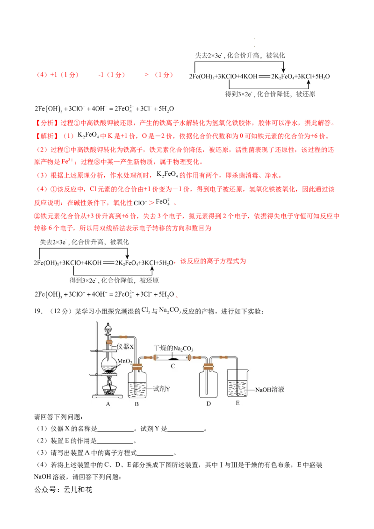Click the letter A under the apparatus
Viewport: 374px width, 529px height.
point(108,404)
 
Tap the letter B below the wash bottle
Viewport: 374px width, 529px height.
point(137,404)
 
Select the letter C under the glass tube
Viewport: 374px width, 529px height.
point(173,366)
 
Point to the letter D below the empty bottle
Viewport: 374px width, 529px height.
point(209,404)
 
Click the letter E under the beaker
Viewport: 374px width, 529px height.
point(237,402)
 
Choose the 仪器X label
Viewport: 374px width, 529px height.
point(126,347)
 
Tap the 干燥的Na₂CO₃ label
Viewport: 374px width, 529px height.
point(173,349)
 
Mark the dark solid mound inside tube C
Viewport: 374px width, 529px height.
point(173,358)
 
